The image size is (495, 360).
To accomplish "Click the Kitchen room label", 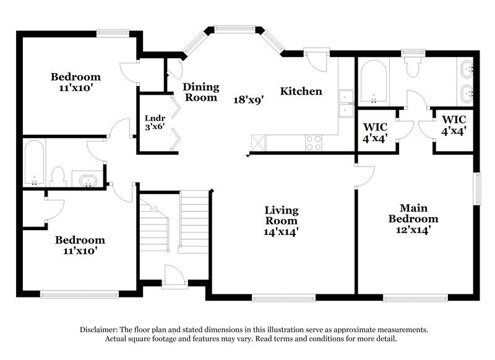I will (x=301, y=92).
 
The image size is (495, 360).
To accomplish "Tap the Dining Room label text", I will (x=200, y=92).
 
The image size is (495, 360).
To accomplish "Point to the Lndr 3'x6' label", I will (x=153, y=122).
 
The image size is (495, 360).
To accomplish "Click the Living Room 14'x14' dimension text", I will (x=282, y=232).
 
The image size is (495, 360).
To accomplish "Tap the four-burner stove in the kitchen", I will (x=314, y=143).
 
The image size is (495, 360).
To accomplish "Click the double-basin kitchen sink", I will (x=345, y=103).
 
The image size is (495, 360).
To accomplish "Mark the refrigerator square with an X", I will (x=258, y=142).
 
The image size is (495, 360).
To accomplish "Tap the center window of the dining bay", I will (x=235, y=28).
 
